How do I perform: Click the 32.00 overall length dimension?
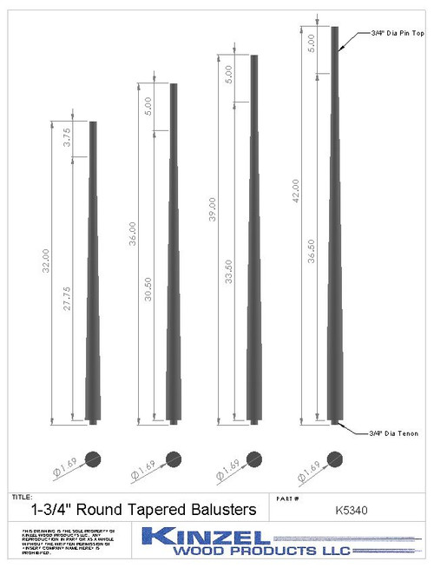46,261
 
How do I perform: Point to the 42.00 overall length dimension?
296,192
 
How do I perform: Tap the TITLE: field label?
23,497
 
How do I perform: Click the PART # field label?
287,498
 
